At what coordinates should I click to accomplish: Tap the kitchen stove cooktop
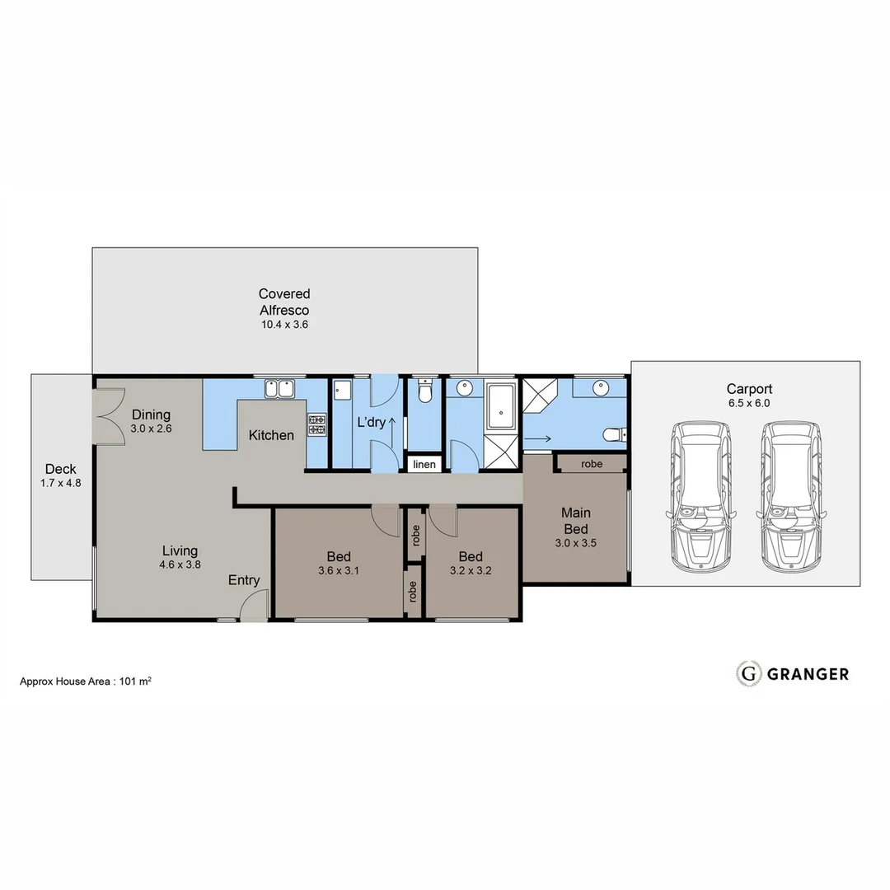316,424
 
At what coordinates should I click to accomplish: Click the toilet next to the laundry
424,391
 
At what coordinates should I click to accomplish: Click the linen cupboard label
424,465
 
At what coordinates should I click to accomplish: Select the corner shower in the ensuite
541,394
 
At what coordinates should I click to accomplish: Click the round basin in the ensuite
599,386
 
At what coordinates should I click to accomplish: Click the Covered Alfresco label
284,302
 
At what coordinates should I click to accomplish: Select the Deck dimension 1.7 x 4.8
62,484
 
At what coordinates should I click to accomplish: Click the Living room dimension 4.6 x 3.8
180,565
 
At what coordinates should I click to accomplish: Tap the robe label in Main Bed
592,464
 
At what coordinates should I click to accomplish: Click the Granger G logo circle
749,673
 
